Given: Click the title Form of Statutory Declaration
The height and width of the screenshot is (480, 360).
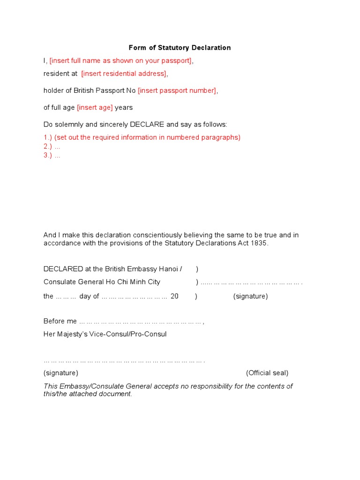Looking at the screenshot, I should pos(180,48).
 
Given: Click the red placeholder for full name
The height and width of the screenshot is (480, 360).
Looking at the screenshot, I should pos(121,60).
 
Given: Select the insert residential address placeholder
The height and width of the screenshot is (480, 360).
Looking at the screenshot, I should pos(124,74).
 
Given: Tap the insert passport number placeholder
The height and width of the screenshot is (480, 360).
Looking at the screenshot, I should pos(177,90).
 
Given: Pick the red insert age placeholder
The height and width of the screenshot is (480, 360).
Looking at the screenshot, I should pos(95,107).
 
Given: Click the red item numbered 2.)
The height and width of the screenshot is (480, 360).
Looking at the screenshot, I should pos(52,146).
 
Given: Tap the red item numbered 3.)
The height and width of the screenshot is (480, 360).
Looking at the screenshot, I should pos(52,155).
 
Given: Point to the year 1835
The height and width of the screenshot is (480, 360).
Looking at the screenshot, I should pos(259,243).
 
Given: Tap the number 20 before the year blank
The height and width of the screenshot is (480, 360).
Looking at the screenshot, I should pos(174,296).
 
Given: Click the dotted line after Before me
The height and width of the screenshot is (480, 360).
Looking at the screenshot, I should pos(141,322).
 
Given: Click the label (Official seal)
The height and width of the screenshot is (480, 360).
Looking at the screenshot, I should pos(267,373).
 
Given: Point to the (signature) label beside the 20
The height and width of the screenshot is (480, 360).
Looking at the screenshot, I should pos(250,296).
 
